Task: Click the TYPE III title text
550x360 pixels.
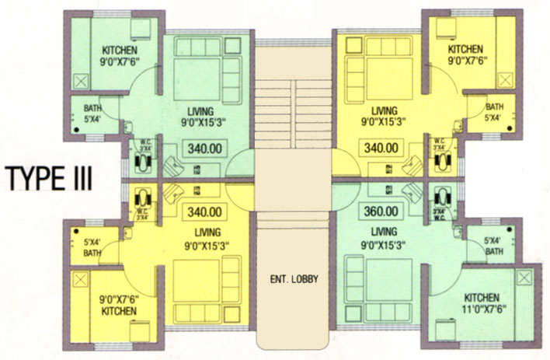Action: pos(50,177)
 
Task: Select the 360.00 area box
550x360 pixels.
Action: pos(381,211)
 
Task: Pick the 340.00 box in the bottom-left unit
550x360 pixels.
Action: pos(204,211)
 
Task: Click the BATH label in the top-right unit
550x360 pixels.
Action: pos(493,112)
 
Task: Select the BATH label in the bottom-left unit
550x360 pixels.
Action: pos(92,246)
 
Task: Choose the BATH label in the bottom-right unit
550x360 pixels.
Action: pos(493,246)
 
